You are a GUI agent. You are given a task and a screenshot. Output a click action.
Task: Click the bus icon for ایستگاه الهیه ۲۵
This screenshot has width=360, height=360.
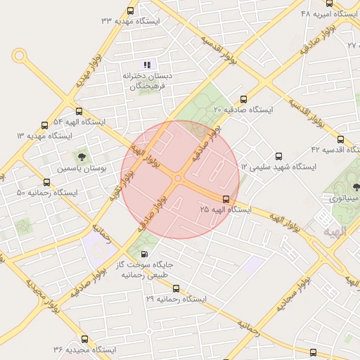pyautogui.click(x=226, y=199)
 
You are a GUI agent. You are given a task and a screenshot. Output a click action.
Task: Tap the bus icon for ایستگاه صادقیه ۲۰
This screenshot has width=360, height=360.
pyautogui.click(x=244, y=99)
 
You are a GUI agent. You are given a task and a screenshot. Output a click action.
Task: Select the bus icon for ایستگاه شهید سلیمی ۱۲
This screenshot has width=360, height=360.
pyautogui.click(x=279, y=156)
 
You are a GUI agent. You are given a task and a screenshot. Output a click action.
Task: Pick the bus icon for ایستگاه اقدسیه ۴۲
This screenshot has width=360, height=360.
pyautogui.click(x=341, y=139)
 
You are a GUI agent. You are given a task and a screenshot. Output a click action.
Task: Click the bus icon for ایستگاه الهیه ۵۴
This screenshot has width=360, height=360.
pyautogui.click(x=78, y=111)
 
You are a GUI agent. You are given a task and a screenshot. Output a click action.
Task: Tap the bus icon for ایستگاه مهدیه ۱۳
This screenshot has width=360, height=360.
pyautogui.click(x=45, y=124)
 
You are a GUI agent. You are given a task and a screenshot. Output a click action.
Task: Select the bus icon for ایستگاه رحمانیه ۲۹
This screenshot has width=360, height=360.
pyautogui.click(x=176, y=288)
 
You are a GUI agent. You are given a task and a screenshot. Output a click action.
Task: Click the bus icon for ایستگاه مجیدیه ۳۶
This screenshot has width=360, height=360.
pyautogui.click(x=84, y=340)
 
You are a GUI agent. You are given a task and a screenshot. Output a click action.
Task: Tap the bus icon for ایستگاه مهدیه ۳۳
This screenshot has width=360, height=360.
pyautogui.click(x=130, y=11)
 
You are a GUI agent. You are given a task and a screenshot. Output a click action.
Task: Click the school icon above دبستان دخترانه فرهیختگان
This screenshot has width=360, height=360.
pyautogui.click(x=148, y=65)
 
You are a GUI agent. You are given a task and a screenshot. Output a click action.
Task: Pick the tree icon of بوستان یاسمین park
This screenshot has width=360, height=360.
pyautogui.click(x=82, y=156)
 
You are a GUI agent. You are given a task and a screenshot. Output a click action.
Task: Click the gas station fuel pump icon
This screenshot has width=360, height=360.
pyautogui.click(x=144, y=254)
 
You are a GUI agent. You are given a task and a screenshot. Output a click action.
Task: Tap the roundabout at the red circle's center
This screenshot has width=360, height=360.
pyautogui.click(x=178, y=179)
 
